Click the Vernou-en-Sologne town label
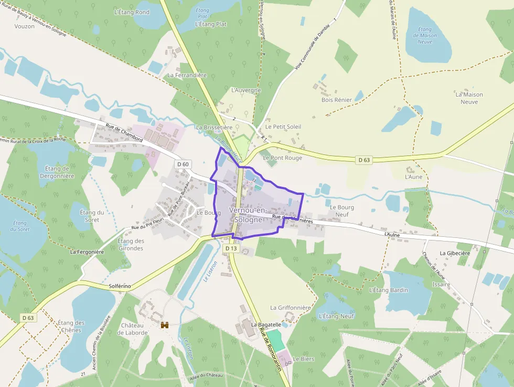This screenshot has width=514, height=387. click(248, 215)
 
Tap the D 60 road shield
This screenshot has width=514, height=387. click(183, 164)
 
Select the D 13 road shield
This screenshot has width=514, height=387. click(231, 248)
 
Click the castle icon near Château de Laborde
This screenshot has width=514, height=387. click(165, 325)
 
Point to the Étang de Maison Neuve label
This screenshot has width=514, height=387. click(425, 35)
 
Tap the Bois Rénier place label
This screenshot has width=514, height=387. click(337, 99)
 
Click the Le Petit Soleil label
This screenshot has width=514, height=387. click(283, 127)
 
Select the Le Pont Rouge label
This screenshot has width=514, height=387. click(283, 158)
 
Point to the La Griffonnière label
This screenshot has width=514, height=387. click(291, 307)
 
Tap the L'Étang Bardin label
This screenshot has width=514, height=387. click(389, 290)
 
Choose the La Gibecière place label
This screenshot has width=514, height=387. click(455, 253)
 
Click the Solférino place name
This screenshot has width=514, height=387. click(120, 286)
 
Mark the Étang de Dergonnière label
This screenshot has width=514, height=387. click(57, 172)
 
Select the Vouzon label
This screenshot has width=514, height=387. click(25, 26)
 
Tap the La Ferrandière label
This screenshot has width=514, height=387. click(187, 75)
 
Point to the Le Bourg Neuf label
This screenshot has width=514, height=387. click(342, 211)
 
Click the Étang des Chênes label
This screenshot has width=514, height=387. click(71, 326)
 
